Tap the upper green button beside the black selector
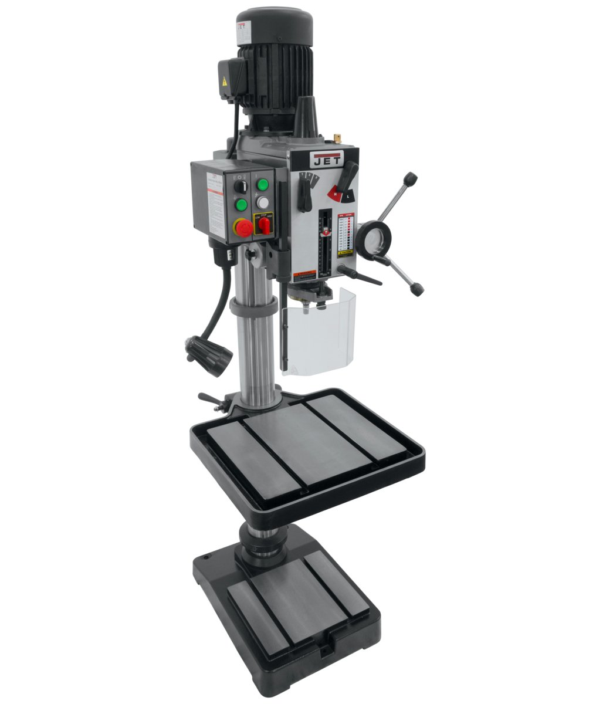[x=262, y=184]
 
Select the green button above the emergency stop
[x=241, y=205]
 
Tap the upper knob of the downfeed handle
[x=410, y=178]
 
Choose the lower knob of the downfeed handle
[x=417, y=289]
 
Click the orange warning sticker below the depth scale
[x=305, y=275]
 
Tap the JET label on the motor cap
[x=242, y=28]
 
